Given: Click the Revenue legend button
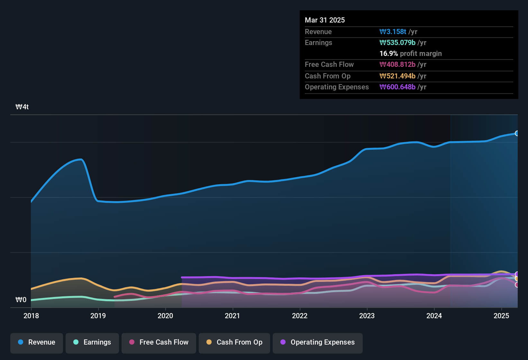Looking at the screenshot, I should (37, 342).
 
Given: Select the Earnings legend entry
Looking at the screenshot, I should (92, 342).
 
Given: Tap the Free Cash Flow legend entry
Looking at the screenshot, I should (159, 342).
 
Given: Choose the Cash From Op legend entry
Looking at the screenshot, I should (234, 342).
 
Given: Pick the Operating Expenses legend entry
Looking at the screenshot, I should (317, 342).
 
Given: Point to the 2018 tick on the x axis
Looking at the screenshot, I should (31, 316).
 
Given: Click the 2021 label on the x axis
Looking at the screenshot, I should (232, 316).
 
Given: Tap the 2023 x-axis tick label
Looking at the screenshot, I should (367, 316).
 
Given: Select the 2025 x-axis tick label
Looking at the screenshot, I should (501, 316).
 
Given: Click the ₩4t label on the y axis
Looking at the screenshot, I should (22, 107).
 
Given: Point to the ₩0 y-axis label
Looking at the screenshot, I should (21, 300).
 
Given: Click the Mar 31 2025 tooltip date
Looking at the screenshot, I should (325, 20).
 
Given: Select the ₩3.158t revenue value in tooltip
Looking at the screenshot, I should (393, 32).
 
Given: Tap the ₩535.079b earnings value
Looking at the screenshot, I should (397, 43).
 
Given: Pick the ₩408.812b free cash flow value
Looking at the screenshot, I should (397, 65).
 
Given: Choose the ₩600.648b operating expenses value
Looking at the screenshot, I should (397, 87).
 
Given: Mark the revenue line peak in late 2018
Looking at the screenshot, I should (81, 159).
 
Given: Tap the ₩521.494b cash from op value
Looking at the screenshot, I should (397, 76).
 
